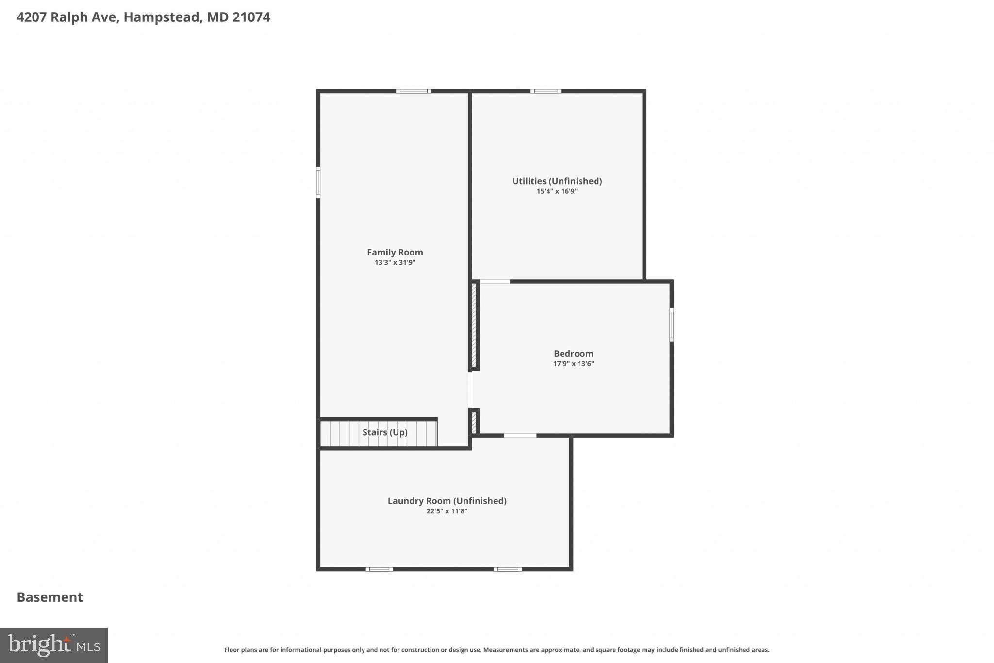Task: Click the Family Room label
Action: click(x=395, y=252)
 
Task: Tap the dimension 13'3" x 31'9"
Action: click(x=395, y=263)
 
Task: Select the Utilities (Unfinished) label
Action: click(x=557, y=181)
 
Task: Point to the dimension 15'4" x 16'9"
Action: click(x=557, y=191)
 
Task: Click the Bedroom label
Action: click(x=573, y=354)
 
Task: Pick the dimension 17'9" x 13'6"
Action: click(x=573, y=364)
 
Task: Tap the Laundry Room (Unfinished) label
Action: click(x=447, y=501)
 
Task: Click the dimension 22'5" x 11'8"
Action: click(x=447, y=511)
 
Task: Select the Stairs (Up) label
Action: click(x=384, y=432)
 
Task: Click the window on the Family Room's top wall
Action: click(x=413, y=91)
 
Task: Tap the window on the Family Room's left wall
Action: click(x=318, y=182)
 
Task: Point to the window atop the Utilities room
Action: click(x=545, y=91)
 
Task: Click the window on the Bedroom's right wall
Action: click(x=672, y=324)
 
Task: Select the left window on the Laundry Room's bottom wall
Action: click(x=379, y=569)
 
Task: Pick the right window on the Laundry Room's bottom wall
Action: click(x=508, y=569)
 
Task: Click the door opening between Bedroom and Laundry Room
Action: click(x=520, y=435)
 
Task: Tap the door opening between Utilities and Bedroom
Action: click(x=495, y=281)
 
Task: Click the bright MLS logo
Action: click(x=54, y=645)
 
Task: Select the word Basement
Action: click(x=50, y=597)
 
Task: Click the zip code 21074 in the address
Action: click(x=251, y=17)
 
